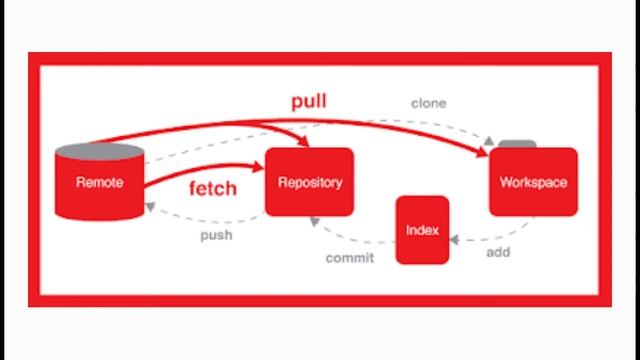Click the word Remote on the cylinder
100,183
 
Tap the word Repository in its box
310,183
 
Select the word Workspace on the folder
533,183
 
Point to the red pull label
308,102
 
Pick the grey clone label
428,103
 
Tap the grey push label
216,236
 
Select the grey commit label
350,258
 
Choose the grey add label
499,252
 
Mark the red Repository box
310,165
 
